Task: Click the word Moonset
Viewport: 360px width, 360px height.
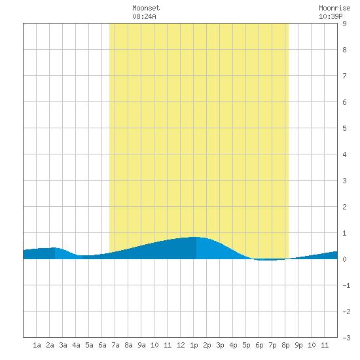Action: [146, 8]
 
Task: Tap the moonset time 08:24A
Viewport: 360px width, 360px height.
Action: [144, 16]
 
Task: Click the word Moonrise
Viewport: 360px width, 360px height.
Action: [334, 8]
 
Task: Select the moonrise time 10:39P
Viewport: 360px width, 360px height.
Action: [331, 16]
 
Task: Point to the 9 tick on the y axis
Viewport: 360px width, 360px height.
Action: [344, 24]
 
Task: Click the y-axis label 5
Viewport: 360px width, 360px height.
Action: [344, 128]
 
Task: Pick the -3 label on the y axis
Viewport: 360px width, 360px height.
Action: [346, 338]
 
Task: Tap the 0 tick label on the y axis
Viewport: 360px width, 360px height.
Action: [344, 259]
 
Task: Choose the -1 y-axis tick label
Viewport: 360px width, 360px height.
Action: [346, 285]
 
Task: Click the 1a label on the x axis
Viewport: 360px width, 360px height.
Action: [37, 345]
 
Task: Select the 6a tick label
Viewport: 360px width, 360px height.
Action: [102, 345]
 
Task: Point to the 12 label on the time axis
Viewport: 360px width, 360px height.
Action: [181, 345]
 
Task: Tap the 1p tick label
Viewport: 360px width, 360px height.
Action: [194, 345]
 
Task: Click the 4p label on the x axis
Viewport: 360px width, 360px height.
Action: [233, 345]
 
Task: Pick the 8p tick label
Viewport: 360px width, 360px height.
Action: [285, 345]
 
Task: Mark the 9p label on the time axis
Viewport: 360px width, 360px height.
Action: [298, 345]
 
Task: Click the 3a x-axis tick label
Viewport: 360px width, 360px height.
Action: [63, 345]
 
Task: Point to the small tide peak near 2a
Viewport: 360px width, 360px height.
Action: [54, 247]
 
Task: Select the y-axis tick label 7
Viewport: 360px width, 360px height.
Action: [344, 76]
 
